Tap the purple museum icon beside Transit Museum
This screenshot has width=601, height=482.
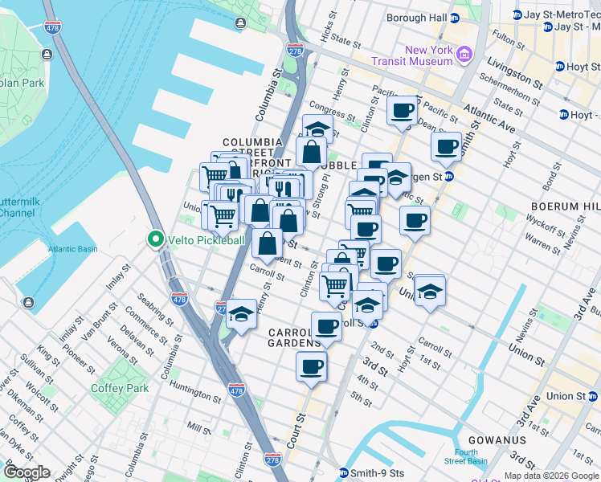pyautogui.click(x=464, y=55)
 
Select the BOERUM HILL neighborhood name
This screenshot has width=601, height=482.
pyautogui.click(x=565, y=206)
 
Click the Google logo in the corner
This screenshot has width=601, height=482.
pyautogui.click(x=27, y=472)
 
